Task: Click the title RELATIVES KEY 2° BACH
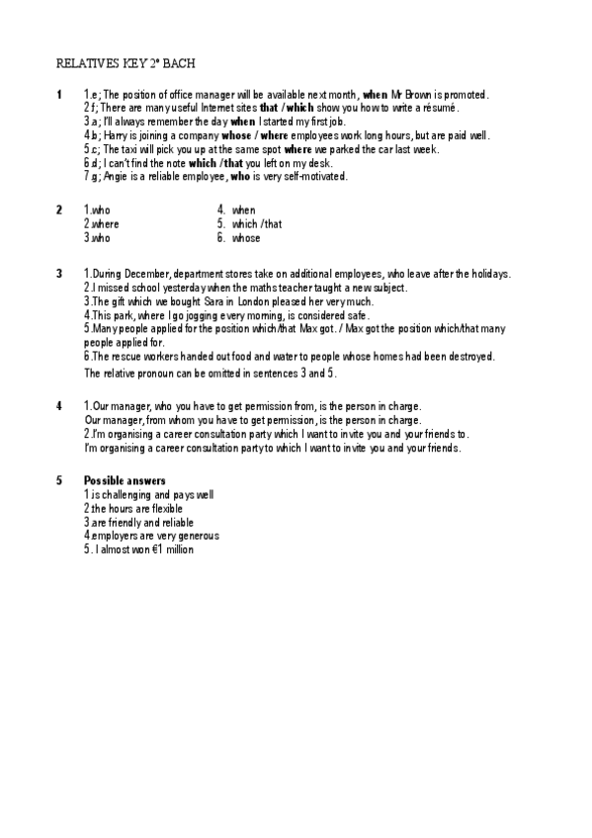click(126, 63)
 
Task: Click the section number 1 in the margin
click(59, 95)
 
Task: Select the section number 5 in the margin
click(59, 480)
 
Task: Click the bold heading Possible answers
click(125, 480)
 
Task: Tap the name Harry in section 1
click(117, 135)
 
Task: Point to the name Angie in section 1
click(117, 177)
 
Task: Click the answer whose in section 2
click(246, 238)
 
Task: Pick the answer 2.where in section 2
click(101, 224)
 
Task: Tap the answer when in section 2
click(243, 210)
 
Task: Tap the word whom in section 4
click(189, 420)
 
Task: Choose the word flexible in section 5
click(164, 508)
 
